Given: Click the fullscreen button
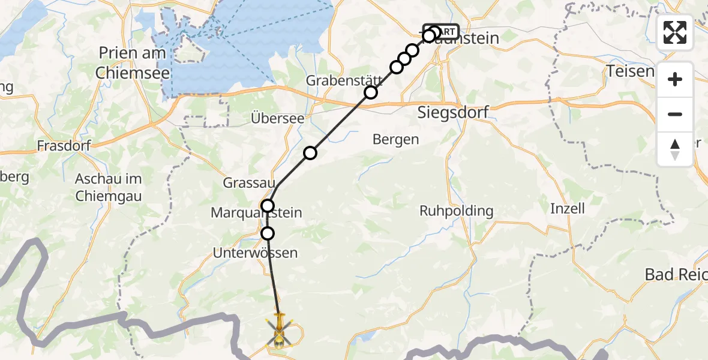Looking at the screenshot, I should coord(675,32).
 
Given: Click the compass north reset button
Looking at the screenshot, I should coord(675,149).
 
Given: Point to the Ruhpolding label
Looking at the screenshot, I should coord(456,211).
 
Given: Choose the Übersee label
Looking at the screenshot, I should coord(278,118).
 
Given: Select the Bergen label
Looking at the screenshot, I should coord(395,140).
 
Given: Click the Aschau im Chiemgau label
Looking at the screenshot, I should coord(109,187).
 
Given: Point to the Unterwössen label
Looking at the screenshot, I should coord(255,253).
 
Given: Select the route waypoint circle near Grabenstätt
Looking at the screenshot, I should coord(371,92).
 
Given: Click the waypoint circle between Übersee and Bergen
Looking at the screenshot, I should coord(310,153).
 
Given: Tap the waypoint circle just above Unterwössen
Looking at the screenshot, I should coord(268,233).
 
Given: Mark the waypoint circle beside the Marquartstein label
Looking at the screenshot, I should coord(268,206).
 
